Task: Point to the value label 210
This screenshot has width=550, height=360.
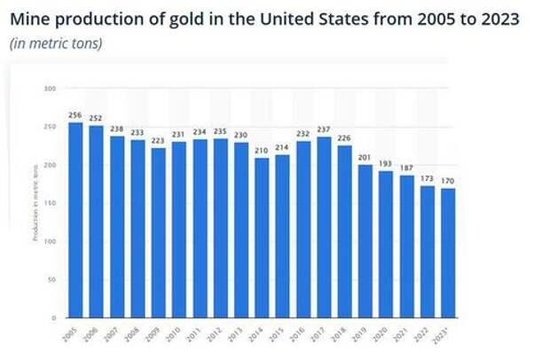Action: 263,152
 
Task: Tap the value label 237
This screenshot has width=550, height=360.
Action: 325,130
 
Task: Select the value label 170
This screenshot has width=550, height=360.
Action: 448,182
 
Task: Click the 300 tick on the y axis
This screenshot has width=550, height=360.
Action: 51,89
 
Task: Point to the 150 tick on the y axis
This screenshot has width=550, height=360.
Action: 51,203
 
